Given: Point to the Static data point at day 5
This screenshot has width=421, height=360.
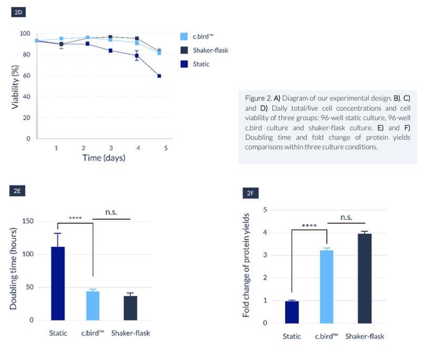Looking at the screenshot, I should click(159, 76).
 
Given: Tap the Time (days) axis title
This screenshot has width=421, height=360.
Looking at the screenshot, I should click(104, 158).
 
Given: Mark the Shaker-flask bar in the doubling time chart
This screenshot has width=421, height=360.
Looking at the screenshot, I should click(130, 308).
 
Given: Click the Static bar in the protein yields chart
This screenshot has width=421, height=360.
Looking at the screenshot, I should click(291, 312).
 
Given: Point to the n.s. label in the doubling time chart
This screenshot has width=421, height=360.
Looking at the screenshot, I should click(111, 212).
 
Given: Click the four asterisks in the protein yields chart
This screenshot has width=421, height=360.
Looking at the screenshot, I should click(310, 226).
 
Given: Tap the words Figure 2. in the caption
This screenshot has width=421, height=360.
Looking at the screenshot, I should click(258, 98).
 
